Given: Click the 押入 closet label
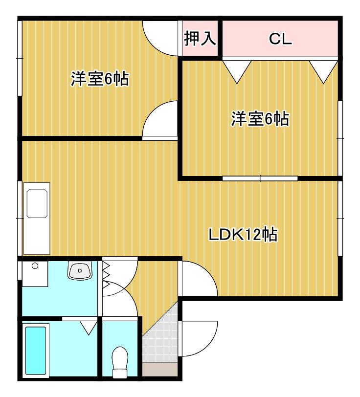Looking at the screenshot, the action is pyautogui.click(x=200, y=39).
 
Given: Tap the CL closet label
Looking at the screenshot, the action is pyautogui.click(x=280, y=39).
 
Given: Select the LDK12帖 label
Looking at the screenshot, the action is pyautogui.click(x=243, y=235).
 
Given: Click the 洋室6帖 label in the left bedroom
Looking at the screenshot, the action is pyautogui.click(x=100, y=79).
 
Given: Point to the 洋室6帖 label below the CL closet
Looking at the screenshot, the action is pyautogui.click(x=260, y=118).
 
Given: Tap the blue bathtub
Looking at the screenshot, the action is pyautogui.click(x=36, y=351).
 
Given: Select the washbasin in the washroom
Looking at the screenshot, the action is pyautogui.click(x=80, y=271).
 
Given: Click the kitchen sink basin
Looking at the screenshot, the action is pyautogui.click(x=37, y=203).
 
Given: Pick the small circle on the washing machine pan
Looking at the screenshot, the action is pyautogui.click(x=35, y=266).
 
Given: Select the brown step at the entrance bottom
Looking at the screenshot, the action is pyautogui.click(x=159, y=369).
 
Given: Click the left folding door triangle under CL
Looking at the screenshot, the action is pyautogui.click(x=237, y=72).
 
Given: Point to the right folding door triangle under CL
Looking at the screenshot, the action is pyautogui.click(x=323, y=72).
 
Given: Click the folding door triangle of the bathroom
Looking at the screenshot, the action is pyautogui.click(x=89, y=328).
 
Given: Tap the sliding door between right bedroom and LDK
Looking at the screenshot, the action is pyautogui.click(x=260, y=178).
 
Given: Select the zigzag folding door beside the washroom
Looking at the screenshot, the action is pyautogui.click(x=106, y=275).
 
